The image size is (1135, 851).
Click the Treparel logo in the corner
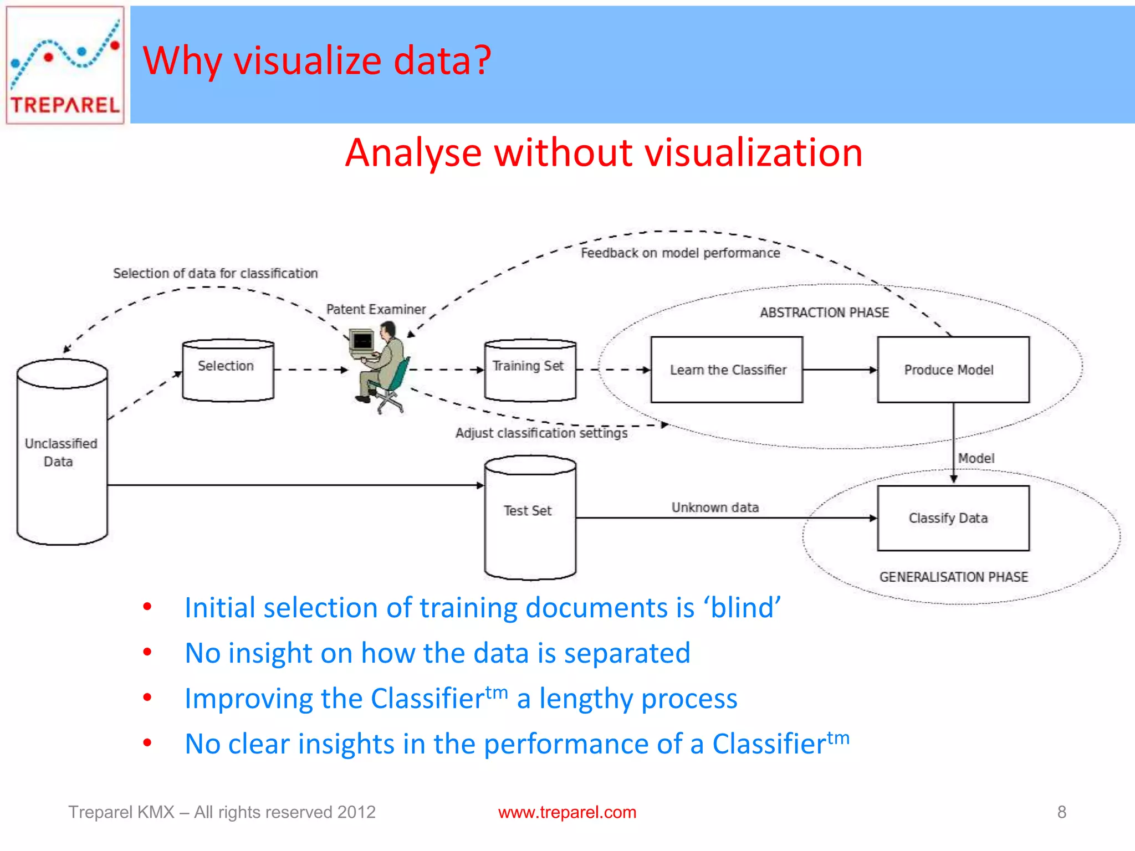pos(65,65)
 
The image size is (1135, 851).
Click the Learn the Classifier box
pos(727,370)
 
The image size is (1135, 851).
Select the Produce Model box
pos(953,370)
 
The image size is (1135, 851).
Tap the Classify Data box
pos(953,518)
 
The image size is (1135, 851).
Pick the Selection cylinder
pos(228,370)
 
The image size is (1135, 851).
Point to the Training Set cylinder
pos(530,370)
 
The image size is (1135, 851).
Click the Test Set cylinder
pos(530,518)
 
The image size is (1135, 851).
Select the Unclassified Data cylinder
pos(62,453)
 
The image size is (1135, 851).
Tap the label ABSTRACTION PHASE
pos(824,312)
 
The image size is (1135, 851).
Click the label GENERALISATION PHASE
pos(953,577)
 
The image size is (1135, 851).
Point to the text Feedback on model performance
pos(680,253)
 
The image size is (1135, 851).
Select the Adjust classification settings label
pos(541,433)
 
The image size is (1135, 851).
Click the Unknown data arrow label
pos(715,507)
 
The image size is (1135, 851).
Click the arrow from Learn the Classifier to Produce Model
pos(840,370)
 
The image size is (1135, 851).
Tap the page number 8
pos(1061,812)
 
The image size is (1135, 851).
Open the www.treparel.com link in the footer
pos(567,812)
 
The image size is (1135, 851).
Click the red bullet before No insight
pos(147,652)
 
